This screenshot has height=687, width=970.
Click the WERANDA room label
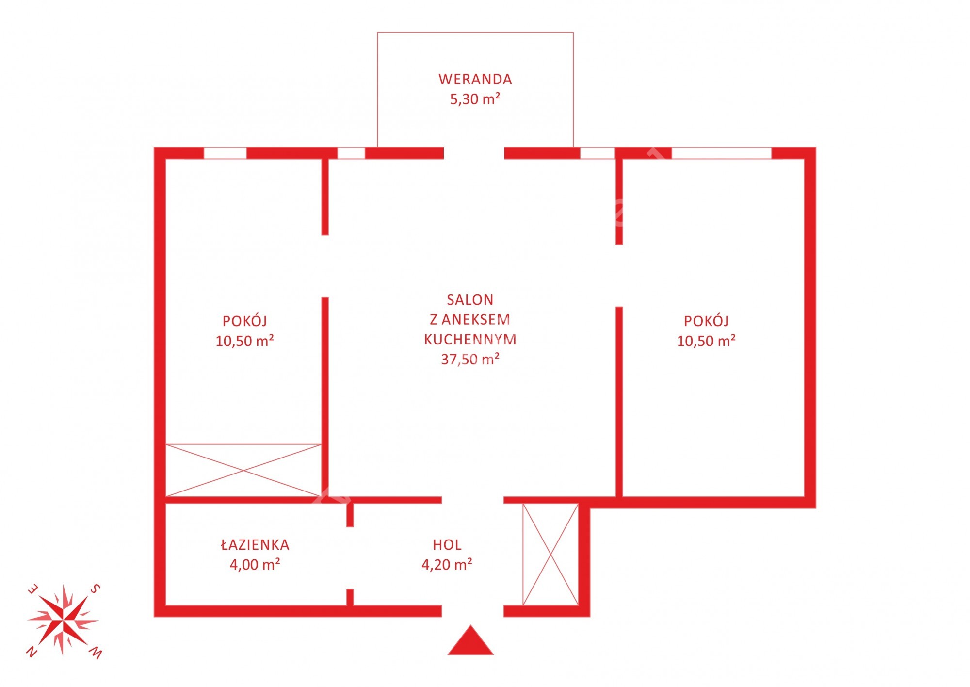(x=475, y=79)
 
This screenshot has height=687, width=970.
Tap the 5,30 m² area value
(x=475, y=99)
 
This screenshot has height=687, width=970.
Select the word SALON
(x=470, y=300)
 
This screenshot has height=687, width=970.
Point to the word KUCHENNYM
(x=470, y=339)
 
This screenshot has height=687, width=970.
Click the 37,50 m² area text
(x=470, y=359)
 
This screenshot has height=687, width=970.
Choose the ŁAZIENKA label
(x=255, y=544)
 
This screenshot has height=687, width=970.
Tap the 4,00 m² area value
(x=255, y=565)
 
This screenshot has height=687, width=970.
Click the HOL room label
(x=447, y=545)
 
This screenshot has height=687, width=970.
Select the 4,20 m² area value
(x=447, y=565)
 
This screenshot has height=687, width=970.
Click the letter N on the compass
(x=32, y=652)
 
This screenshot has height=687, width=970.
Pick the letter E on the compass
(x=32, y=589)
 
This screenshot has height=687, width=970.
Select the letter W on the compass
(x=96, y=653)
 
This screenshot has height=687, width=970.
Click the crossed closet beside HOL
(x=550, y=555)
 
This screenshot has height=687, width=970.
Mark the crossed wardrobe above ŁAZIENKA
(x=243, y=470)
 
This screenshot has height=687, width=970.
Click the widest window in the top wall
(x=722, y=153)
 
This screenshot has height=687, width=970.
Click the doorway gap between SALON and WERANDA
(x=474, y=153)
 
